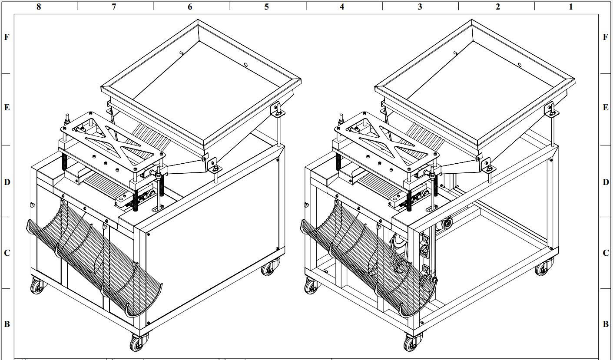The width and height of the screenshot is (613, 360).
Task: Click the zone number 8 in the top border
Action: (x=39, y=7)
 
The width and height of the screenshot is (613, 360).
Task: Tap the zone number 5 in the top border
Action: (x=267, y=7)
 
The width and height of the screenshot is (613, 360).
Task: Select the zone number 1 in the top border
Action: (x=570, y=7)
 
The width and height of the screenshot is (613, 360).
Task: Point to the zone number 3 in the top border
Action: (x=420, y=7)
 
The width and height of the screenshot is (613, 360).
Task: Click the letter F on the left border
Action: (x=7, y=37)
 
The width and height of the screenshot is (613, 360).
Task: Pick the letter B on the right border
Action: (x=606, y=324)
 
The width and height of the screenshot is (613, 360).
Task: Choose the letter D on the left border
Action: (x=7, y=182)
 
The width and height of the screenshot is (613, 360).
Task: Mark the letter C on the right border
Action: (x=606, y=253)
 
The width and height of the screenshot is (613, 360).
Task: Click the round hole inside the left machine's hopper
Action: (x=246, y=65)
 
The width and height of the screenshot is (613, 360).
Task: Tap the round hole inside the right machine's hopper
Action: (x=520, y=65)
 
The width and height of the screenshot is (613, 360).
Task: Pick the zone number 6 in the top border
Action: (x=190, y=7)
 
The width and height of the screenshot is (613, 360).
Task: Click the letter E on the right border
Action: (x=606, y=108)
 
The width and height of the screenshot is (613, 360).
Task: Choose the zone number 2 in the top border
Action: (x=498, y=7)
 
